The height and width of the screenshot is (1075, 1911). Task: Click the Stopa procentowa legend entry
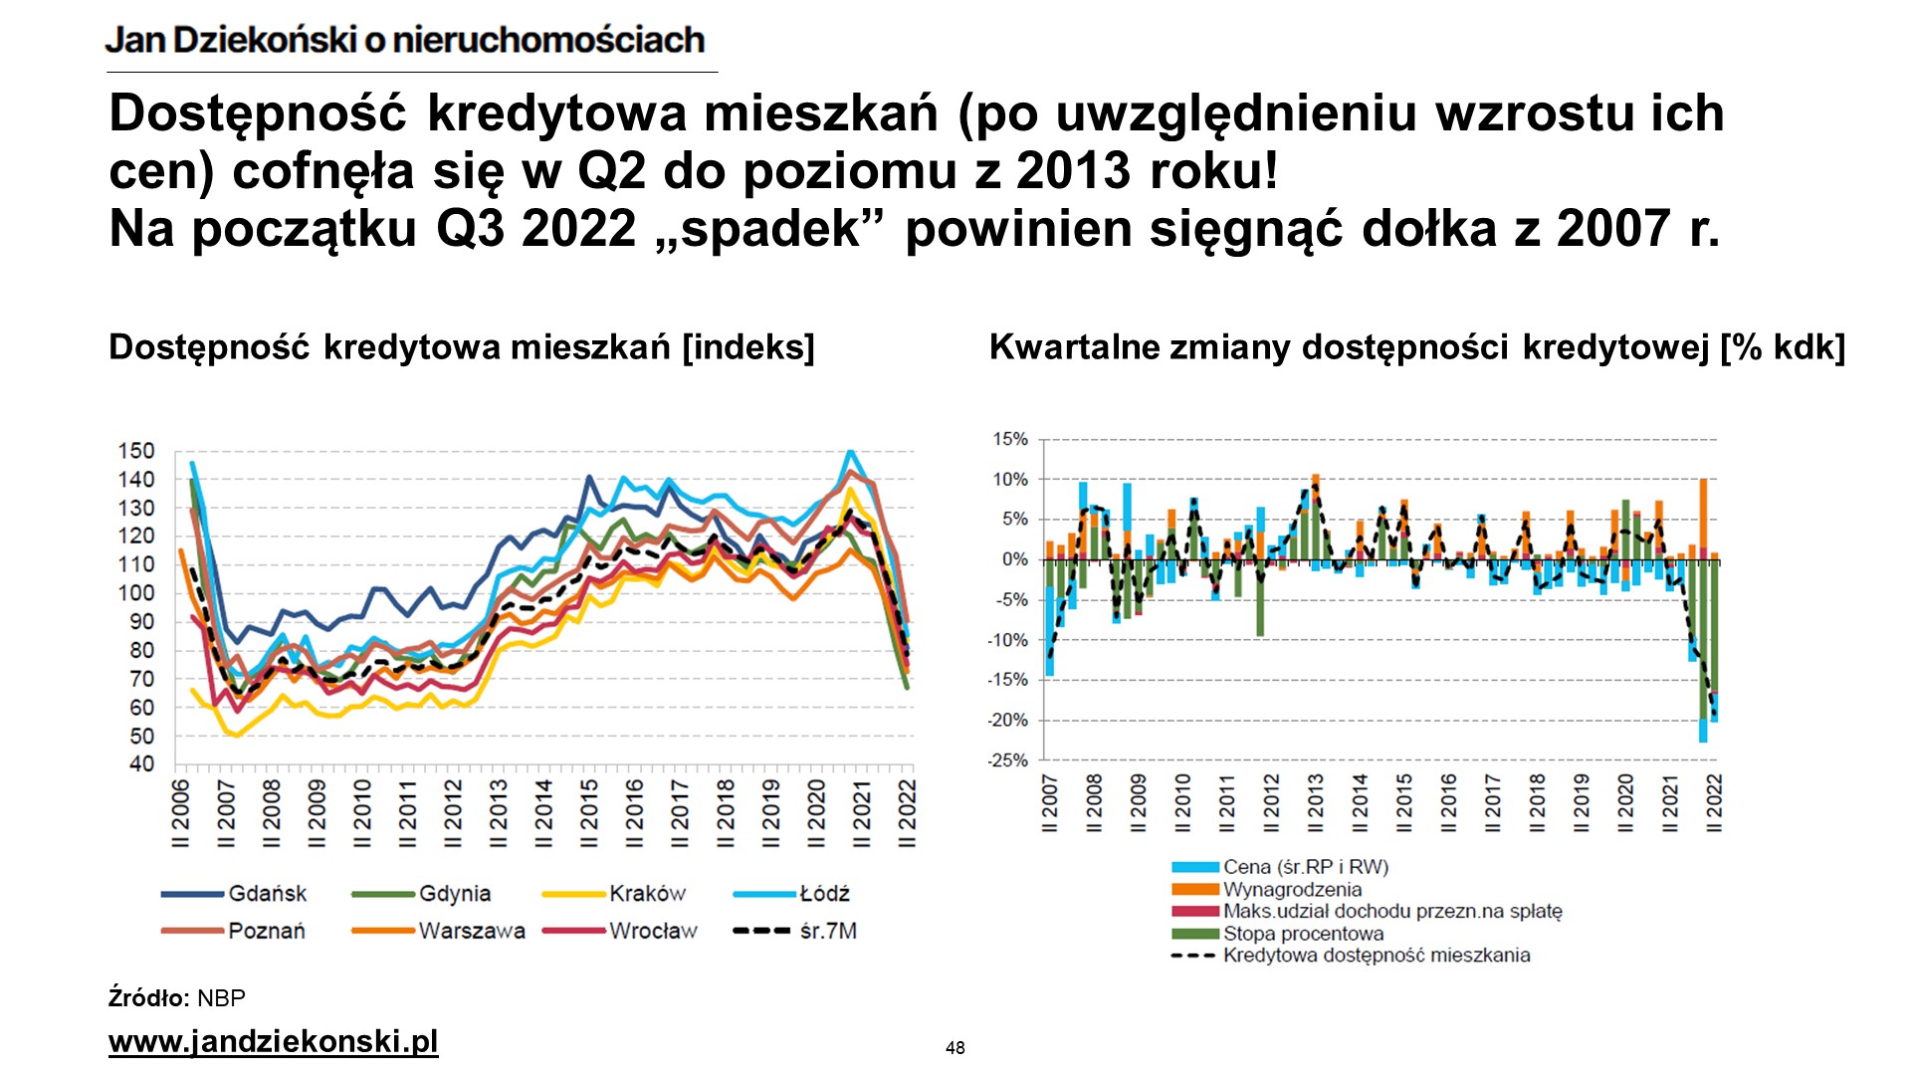tap(1303, 934)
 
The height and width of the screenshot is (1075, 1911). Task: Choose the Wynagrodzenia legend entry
tap(1292, 890)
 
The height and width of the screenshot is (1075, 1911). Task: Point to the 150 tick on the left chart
tap(136, 451)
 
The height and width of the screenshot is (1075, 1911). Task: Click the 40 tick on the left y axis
tap(141, 764)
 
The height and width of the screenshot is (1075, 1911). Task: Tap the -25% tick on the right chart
tap(1007, 760)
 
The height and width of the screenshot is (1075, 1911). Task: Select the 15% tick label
tap(1009, 439)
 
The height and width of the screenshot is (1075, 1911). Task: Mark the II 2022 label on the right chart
tap(1714, 802)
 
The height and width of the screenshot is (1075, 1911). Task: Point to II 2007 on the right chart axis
tap(1050, 802)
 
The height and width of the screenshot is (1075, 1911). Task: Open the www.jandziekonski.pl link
tap(273, 1041)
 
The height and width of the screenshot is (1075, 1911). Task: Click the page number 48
tap(955, 1047)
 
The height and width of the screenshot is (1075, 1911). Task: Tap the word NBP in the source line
tap(221, 998)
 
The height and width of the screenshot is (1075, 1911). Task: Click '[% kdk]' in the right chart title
tap(1783, 347)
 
